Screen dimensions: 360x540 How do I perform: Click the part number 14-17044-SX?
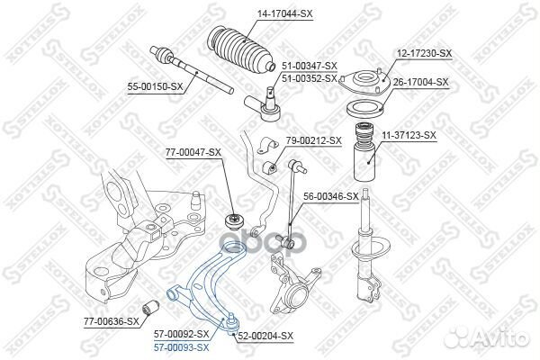(x=258, y=14)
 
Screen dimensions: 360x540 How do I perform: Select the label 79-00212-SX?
(x=314, y=140)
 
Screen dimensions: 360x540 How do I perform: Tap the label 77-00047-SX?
(x=190, y=153)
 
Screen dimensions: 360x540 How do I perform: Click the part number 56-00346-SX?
(x=329, y=195)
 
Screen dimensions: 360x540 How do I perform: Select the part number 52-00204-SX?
(x=265, y=336)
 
